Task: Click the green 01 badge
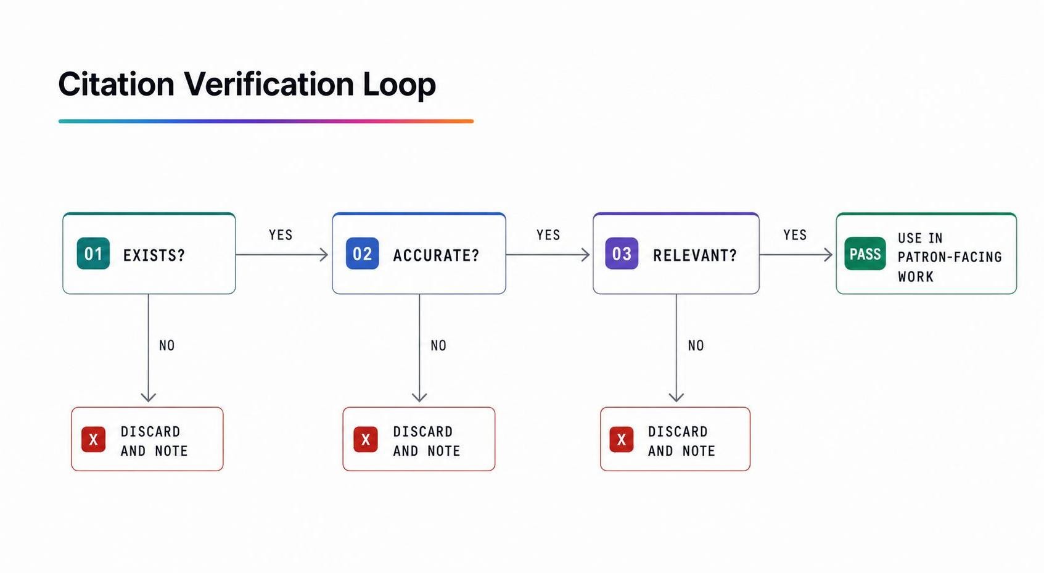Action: (93, 254)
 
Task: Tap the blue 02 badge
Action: (362, 254)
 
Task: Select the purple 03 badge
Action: (622, 254)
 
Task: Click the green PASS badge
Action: (865, 254)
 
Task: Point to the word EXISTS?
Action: (154, 255)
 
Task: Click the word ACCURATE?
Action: (436, 255)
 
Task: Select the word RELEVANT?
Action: (695, 255)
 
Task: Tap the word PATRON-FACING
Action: (950, 257)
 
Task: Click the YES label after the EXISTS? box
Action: (281, 235)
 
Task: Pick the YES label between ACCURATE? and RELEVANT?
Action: (548, 235)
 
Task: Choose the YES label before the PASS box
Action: (795, 235)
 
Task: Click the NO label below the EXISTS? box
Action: (167, 345)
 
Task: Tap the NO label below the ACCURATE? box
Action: (438, 345)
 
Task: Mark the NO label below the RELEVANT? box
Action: (696, 345)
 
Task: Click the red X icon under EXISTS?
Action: (93, 439)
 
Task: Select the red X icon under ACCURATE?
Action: (366, 439)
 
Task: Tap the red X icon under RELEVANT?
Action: (621, 439)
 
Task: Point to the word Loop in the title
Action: (400, 85)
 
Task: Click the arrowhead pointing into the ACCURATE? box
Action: (324, 255)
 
